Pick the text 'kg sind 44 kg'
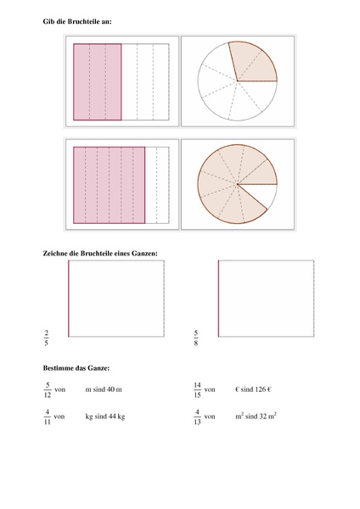point(105,417)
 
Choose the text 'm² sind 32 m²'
point(257,417)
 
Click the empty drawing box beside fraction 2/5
point(115,299)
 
